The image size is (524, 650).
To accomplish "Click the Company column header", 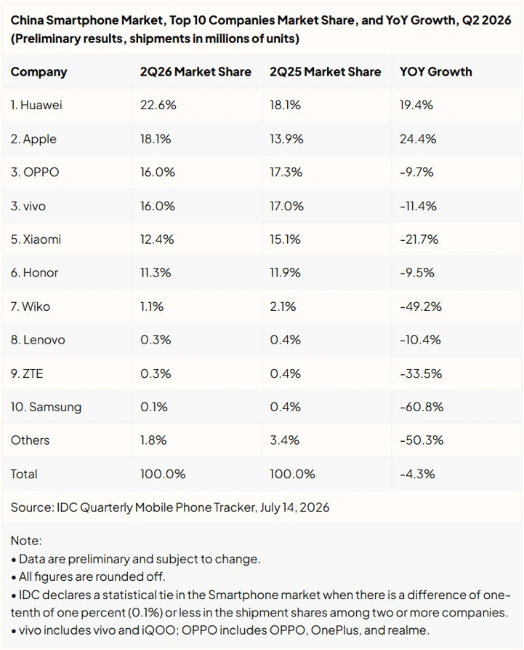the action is (39, 72).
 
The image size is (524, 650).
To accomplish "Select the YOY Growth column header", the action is (435, 71).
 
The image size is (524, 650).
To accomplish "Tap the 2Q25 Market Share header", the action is (326, 71).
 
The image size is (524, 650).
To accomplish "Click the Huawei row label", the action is (36, 105).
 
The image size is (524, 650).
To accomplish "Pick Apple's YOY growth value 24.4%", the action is (418, 138).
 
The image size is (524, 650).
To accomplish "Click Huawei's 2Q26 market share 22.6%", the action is (158, 105).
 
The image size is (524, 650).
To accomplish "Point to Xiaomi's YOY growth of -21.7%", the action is (419, 239).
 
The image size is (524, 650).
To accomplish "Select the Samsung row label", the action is (46, 407).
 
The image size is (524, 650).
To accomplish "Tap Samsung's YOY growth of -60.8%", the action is (422, 407).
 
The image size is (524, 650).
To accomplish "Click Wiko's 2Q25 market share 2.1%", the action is (283, 306).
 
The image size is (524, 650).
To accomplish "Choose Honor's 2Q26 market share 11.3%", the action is (156, 272).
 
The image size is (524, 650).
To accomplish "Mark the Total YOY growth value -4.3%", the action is (417, 474).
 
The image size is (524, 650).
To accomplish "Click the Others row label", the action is (30, 440).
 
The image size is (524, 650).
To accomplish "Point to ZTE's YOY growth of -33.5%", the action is (421, 373).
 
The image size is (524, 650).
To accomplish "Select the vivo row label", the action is (28, 206).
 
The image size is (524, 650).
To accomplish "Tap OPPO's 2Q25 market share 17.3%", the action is (286, 172).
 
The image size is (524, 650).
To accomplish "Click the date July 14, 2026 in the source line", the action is (294, 507).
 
